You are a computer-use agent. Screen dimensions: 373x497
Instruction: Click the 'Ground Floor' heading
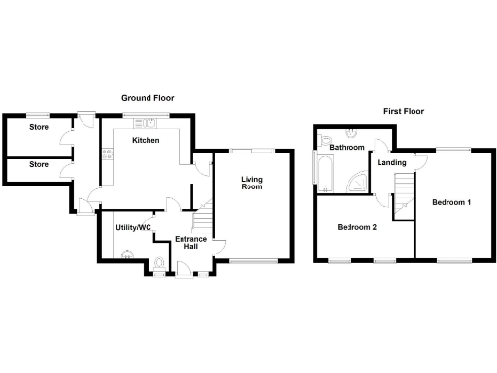pos(148,98)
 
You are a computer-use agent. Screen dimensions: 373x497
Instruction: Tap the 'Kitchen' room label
pos(147,140)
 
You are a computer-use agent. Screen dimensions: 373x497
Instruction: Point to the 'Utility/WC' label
pos(134,227)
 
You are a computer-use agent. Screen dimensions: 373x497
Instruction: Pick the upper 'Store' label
pos(38,127)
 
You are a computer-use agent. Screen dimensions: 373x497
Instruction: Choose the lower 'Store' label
pos(38,164)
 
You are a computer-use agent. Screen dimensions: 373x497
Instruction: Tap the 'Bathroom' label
pos(347,147)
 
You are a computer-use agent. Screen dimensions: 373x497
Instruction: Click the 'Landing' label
pos(391,162)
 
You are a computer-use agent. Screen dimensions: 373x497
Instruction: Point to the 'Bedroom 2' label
pos(356,228)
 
